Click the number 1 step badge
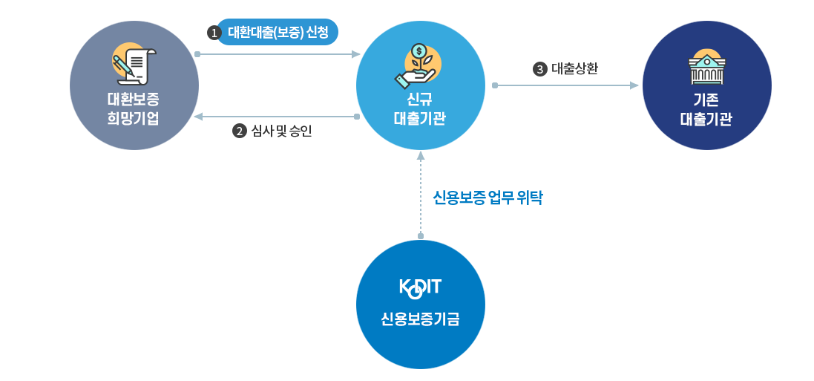(214, 33)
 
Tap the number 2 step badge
(239, 131)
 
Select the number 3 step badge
(539, 69)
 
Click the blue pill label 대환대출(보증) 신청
(278, 33)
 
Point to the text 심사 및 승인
(282, 131)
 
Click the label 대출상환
(575, 69)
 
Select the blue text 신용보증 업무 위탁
(488, 198)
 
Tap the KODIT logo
(420, 289)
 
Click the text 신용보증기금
(420, 319)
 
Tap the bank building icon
(706, 68)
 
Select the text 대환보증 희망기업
(134, 108)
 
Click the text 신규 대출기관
(420, 108)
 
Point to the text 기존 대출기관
(706, 108)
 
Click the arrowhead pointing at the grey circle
(198, 117)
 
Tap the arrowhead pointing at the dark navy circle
(634, 85)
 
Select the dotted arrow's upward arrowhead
(421, 155)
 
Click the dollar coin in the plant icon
(420, 51)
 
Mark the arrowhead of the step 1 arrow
(356, 54)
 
